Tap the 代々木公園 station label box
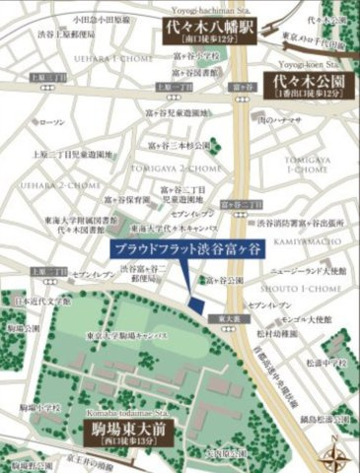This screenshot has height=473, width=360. (x=307, y=85)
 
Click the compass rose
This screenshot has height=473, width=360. (x=338, y=450)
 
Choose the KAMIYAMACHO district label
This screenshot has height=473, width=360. (x=300, y=239)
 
